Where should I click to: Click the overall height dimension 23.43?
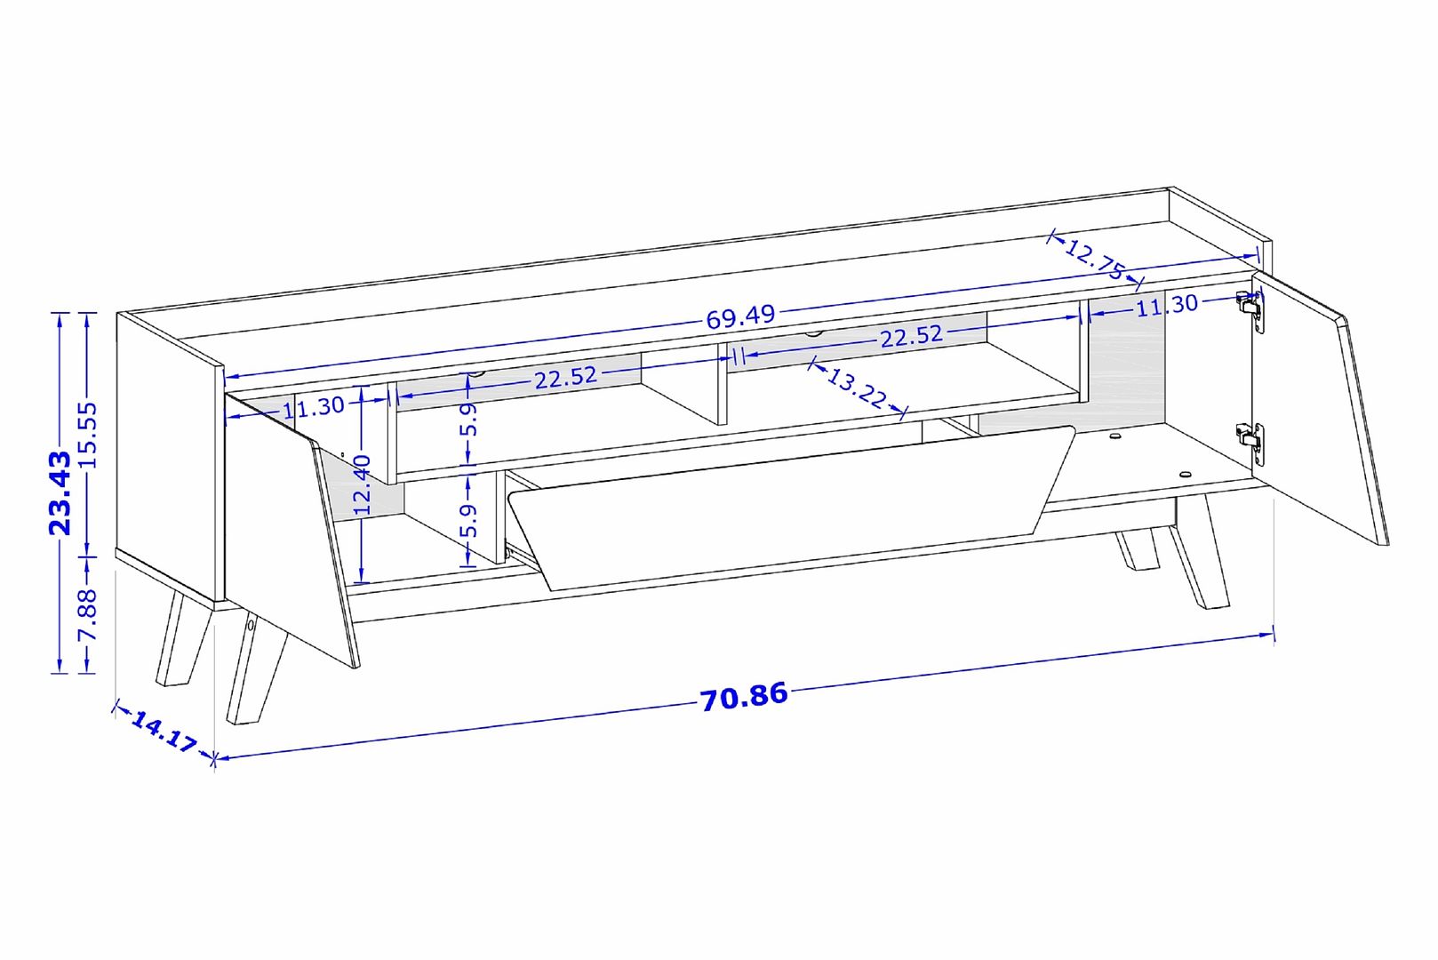pos(60,493)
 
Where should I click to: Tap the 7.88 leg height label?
pos(87,614)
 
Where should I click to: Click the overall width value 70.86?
pos(743,697)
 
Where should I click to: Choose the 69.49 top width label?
pos(741,317)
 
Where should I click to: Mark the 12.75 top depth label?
pos(1094,259)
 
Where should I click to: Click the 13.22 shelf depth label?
pos(856,388)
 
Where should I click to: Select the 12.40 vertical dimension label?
pos(363,484)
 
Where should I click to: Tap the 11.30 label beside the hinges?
pos(1167,304)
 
